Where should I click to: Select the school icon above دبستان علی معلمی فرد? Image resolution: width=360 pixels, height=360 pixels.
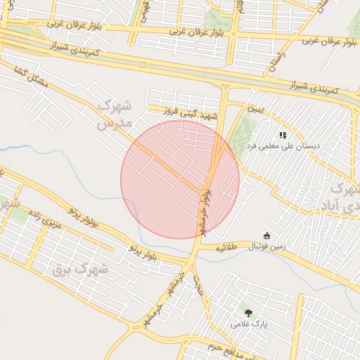(x=282, y=135)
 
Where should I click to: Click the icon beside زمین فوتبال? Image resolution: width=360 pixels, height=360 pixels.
(x=266, y=236)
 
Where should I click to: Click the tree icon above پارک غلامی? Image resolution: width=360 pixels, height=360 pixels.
(x=247, y=311)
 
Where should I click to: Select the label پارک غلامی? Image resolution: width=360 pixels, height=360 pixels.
(x=248, y=323)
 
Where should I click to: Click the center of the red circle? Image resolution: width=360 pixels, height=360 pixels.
(x=180, y=179)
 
